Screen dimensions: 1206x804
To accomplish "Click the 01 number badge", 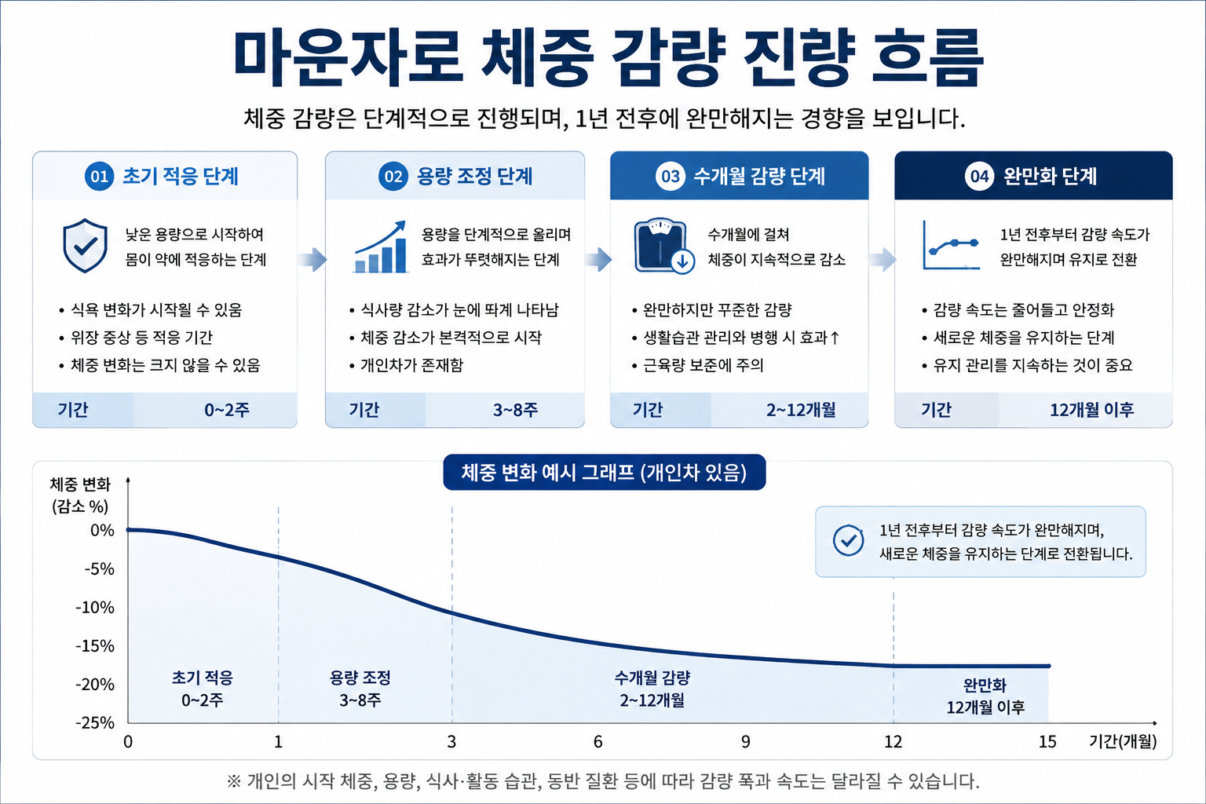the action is (99, 176).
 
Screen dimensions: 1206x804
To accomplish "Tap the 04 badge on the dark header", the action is (979, 176).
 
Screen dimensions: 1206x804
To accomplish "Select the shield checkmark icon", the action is (85, 246).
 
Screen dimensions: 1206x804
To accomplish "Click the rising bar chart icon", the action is (380, 247).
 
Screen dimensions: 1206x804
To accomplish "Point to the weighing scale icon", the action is (664, 246).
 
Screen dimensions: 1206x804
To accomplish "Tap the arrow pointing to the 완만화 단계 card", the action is (883, 260).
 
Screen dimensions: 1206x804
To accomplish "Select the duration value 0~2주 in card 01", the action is (227, 411).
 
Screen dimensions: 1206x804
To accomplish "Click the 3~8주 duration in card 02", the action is (515, 411).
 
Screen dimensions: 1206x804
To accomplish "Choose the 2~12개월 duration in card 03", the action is (801, 411).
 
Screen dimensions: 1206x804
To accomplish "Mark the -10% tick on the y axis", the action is (95, 608).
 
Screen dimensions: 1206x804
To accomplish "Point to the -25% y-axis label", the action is (95, 722).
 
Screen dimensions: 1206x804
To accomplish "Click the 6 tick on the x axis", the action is (598, 742).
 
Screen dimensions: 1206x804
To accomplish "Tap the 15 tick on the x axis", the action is (1047, 742).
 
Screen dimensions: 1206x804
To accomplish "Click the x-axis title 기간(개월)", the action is (1123, 741).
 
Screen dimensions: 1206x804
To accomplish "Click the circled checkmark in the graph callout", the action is (848, 540).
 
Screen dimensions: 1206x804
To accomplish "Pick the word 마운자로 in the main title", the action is (348, 58).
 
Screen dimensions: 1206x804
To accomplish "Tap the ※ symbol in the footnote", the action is (234, 781).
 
